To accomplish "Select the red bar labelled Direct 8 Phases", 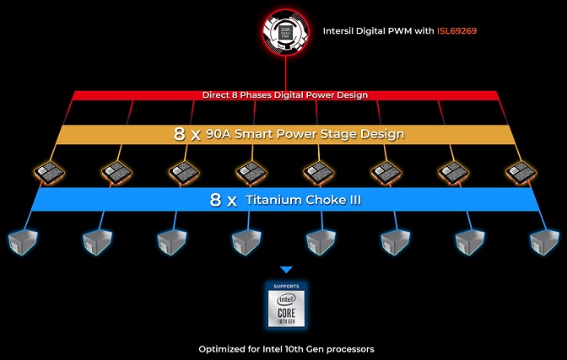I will [285, 95].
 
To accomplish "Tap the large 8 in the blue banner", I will [216, 201].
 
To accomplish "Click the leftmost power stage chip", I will [46, 173].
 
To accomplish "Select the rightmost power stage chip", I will [520, 173].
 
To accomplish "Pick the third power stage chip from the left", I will [181, 173].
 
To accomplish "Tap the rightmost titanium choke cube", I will [543, 241].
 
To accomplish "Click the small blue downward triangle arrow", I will [286, 270].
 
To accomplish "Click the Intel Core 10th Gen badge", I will [286, 309].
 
